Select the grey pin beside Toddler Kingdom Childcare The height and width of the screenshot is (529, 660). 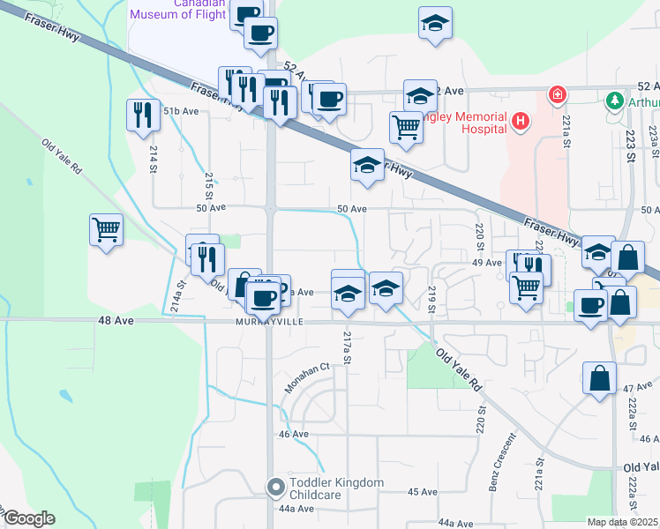click(x=276, y=486)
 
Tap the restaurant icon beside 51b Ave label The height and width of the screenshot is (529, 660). click(x=139, y=115)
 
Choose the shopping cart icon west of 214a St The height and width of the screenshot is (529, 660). click(x=106, y=230)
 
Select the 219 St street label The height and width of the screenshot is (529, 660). click(x=432, y=299)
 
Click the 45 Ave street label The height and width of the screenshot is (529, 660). click(x=423, y=491)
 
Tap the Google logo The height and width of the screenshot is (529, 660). click(x=28, y=518)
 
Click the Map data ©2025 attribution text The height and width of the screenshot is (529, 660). click(x=623, y=522)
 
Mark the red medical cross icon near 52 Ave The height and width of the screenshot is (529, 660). click(x=557, y=94)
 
